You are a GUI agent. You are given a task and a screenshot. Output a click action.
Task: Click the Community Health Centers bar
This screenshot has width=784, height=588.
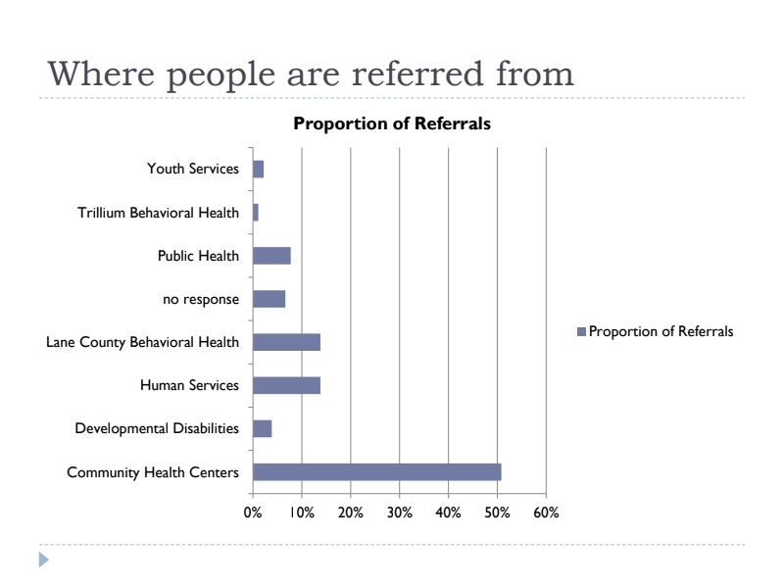click(x=376, y=472)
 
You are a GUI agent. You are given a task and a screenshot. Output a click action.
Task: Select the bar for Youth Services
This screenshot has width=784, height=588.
click(x=258, y=169)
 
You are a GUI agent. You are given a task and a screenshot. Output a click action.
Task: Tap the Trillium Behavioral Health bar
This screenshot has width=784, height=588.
click(x=256, y=213)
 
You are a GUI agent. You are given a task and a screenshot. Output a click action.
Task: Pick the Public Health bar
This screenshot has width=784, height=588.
click(x=271, y=256)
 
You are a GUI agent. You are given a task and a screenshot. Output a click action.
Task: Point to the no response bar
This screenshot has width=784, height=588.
click(x=269, y=299)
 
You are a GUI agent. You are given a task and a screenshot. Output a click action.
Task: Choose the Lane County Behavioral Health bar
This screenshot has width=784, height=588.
click(x=286, y=342)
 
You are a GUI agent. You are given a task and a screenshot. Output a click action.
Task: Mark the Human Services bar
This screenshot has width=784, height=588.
click(x=286, y=385)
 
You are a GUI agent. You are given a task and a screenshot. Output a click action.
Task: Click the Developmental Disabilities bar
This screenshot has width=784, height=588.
click(x=262, y=428)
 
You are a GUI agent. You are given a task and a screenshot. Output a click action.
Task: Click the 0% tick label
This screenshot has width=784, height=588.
click(x=253, y=513)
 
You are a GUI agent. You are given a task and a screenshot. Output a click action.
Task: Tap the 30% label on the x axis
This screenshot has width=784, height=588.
click(x=400, y=513)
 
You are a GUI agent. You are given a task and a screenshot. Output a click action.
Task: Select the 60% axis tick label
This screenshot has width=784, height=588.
click(x=546, y=513)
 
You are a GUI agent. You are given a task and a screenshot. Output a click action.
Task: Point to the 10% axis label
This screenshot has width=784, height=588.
click(x=302, y=513)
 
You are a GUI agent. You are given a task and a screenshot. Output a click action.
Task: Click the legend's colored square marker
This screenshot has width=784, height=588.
click(x=581, y=331)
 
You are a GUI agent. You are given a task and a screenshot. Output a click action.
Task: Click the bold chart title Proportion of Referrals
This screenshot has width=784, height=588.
click(x=392, y=124)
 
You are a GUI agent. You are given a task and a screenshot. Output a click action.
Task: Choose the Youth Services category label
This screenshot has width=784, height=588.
click(x=192, y=169)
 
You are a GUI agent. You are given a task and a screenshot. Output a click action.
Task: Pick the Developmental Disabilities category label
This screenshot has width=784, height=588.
click(x=157, y=428)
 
